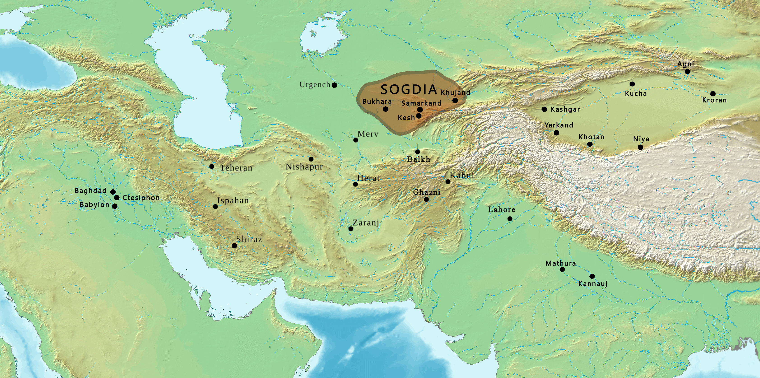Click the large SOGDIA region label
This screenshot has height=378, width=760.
point(409,89)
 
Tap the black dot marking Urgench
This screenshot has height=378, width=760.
point(334,85)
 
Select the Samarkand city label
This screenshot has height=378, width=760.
point(421,103)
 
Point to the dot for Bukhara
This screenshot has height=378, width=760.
point(386,109)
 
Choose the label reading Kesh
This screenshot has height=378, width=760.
point(406,118)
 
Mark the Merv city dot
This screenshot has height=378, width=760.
point(356,140)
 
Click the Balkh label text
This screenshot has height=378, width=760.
point(418,159)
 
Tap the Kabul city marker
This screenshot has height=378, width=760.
point(448,182)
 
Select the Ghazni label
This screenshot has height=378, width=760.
point(427,192)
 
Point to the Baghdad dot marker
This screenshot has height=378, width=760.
point(113,192)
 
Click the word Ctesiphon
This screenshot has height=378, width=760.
point(141,197)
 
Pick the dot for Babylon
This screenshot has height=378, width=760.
point(114,206)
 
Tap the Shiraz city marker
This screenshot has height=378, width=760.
point(234,245)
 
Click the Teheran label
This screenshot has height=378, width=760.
point(236,168)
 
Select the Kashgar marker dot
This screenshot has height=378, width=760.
point(544,109)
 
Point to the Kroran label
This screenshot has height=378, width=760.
point(714,100)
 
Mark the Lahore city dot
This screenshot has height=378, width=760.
point(510,219)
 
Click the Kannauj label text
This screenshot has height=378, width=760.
point(593,284)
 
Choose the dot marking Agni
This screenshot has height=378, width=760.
point(687,71)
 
